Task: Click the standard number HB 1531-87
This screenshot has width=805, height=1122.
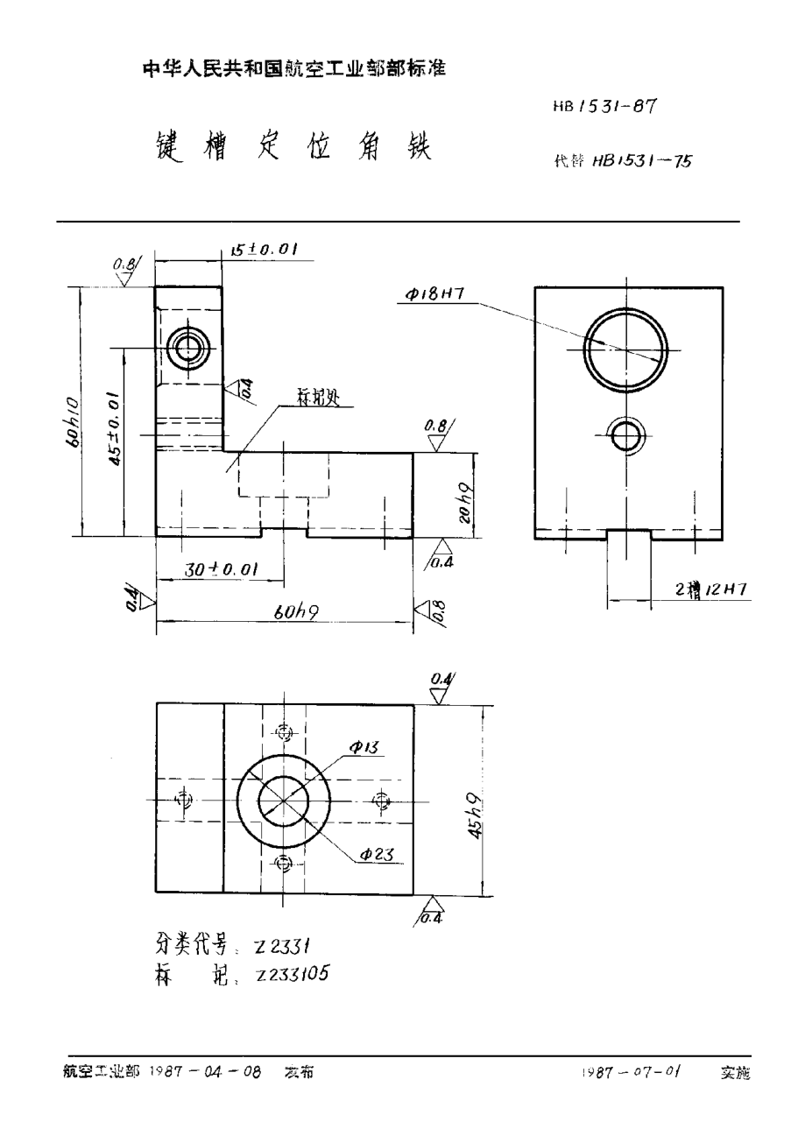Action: click(605, 107)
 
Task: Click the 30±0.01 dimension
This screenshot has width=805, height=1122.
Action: click(220, 569)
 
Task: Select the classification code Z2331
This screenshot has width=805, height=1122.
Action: click(278, 945)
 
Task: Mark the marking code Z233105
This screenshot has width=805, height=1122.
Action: click(291, 973)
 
